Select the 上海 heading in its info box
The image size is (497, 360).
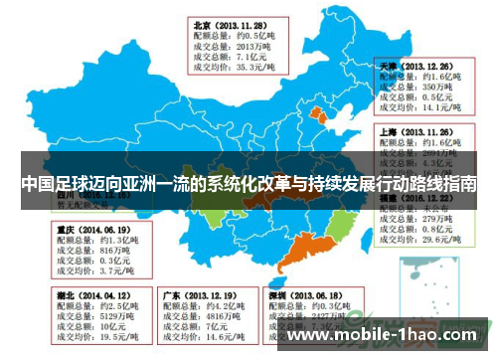[389, 130]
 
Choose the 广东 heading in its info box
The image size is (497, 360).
[170, 295]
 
